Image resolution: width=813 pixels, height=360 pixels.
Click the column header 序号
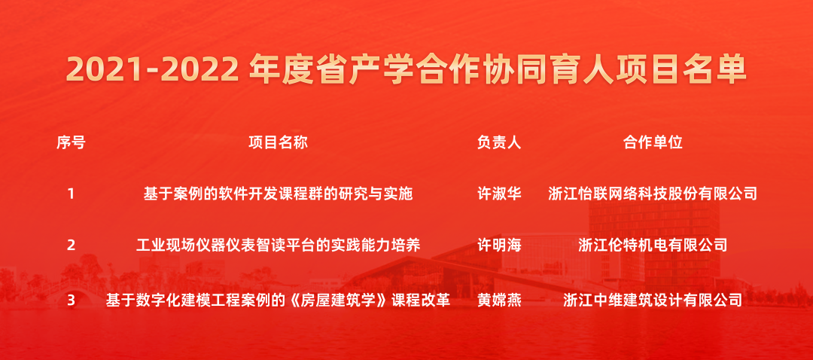[x=71, y=142]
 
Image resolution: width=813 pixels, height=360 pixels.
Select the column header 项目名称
[x=278, y=142]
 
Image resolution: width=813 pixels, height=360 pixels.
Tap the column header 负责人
[x=499, y=142]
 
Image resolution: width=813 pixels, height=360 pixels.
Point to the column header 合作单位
[x=653, y=142]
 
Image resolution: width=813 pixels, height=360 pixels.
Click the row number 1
[x=71, y=194]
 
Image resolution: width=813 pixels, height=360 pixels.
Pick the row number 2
[x=71, y=245]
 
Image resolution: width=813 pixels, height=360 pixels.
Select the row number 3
[x=71, y=301]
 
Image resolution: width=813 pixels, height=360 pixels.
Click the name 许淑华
[x=499, y=194]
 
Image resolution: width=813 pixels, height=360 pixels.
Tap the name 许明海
[x=499, y=245]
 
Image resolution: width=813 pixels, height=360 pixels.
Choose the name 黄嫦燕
[x=499, y=301]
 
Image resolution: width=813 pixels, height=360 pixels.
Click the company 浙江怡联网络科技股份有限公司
[x=653, y=194]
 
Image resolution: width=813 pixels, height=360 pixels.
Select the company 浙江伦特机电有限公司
[x=653, y=245]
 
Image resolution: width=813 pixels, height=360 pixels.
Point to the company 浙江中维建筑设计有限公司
[x=653, y=301]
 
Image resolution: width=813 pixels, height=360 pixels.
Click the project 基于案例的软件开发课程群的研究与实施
[x=278, y=194]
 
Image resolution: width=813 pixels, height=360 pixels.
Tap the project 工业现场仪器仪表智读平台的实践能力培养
[x=278, y=245]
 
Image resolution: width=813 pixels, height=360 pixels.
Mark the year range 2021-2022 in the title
[x=152, y=70]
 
